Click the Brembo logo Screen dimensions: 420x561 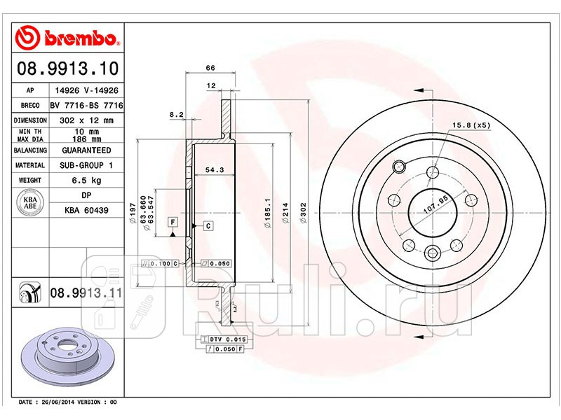point(69,36)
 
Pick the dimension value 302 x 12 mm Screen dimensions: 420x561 point(86,120)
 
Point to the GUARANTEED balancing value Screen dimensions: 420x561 point(86,150)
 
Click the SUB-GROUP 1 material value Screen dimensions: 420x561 point(86,166)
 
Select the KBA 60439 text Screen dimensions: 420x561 point(86,210)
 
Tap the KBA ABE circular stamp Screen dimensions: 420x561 point(29,203)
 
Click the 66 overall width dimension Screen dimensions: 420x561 point(210,68)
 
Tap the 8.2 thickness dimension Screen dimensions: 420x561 point(177,113)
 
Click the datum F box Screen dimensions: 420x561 point(172,223)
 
